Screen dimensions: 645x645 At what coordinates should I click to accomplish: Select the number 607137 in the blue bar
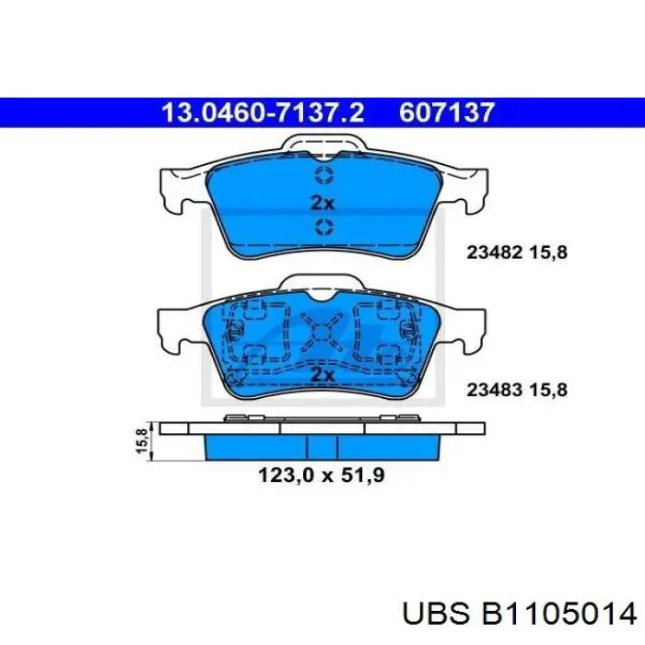tap(448, 112)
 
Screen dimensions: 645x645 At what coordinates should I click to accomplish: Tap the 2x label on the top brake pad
tap(322, 202)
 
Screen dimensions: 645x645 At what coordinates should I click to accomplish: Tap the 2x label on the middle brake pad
tap(322, 375)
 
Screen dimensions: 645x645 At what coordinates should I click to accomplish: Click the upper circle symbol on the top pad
tap(322, 175)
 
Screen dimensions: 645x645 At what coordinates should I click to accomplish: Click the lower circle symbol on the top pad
tap(322, 228)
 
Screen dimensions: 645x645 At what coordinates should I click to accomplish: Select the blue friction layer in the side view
tap(322, 447)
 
